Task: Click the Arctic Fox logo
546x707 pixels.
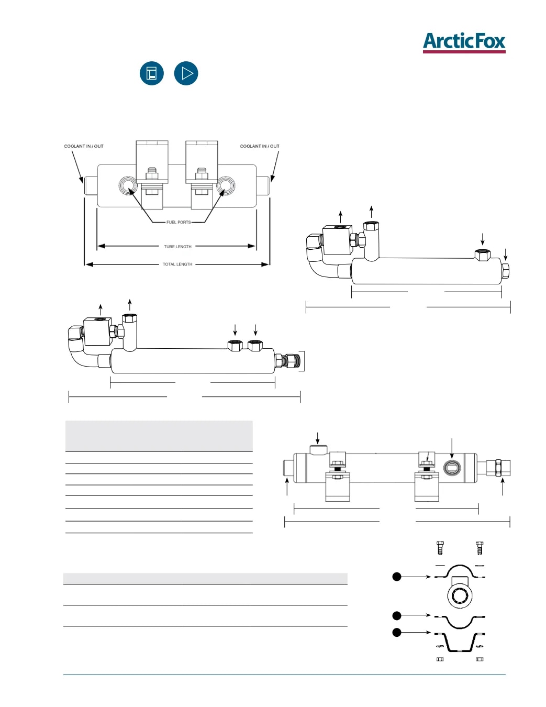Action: (464, 42)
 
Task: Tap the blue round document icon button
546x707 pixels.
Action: (151, 73)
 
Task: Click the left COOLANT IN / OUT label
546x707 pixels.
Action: (84, 146)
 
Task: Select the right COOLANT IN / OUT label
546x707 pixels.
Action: (260, 146)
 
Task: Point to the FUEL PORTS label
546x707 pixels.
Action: (179, 222)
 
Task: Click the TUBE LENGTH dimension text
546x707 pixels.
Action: (177, 247)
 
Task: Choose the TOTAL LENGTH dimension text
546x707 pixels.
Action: (177, 264)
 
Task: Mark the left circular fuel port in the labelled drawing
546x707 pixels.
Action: (127, 186)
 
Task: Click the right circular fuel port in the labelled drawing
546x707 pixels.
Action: (225, 185)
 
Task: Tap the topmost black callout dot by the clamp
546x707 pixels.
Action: (396, 577)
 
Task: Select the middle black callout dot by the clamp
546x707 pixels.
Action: (396, 615)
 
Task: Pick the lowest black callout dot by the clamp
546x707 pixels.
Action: (396, 632)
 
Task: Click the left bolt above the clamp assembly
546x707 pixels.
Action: (440, 548)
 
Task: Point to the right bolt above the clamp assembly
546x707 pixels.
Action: (480, 548)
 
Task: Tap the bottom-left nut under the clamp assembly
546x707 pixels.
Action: (440, 659)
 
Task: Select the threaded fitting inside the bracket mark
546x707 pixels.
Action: (289, 360)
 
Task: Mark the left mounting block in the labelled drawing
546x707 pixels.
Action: (152, 162)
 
